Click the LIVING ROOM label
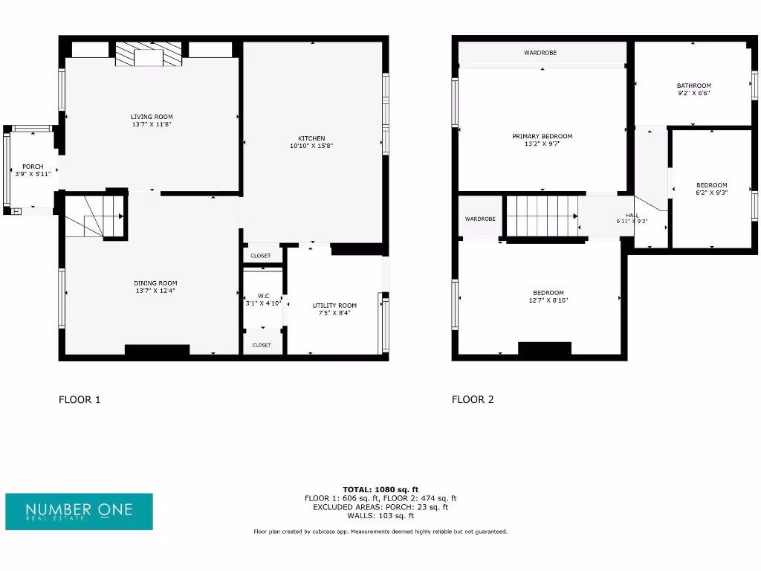(152, 117)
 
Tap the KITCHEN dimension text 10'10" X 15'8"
(311, 146)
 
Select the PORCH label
(32, 167)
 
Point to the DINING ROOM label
(155, 283)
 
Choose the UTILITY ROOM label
(334, 306)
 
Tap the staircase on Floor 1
(93, 216)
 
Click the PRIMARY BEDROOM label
(543, 136)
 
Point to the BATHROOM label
(693, 86)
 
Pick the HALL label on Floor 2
(632, 216)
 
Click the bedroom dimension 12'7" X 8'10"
(548, 300)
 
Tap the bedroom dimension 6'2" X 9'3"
(711, 193)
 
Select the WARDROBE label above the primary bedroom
(540, 53)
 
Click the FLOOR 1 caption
(80, 399)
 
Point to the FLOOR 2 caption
(473, 399)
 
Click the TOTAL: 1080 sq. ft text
(380, 488)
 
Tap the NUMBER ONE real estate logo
(80, 511)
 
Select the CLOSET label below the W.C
(262, 345)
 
